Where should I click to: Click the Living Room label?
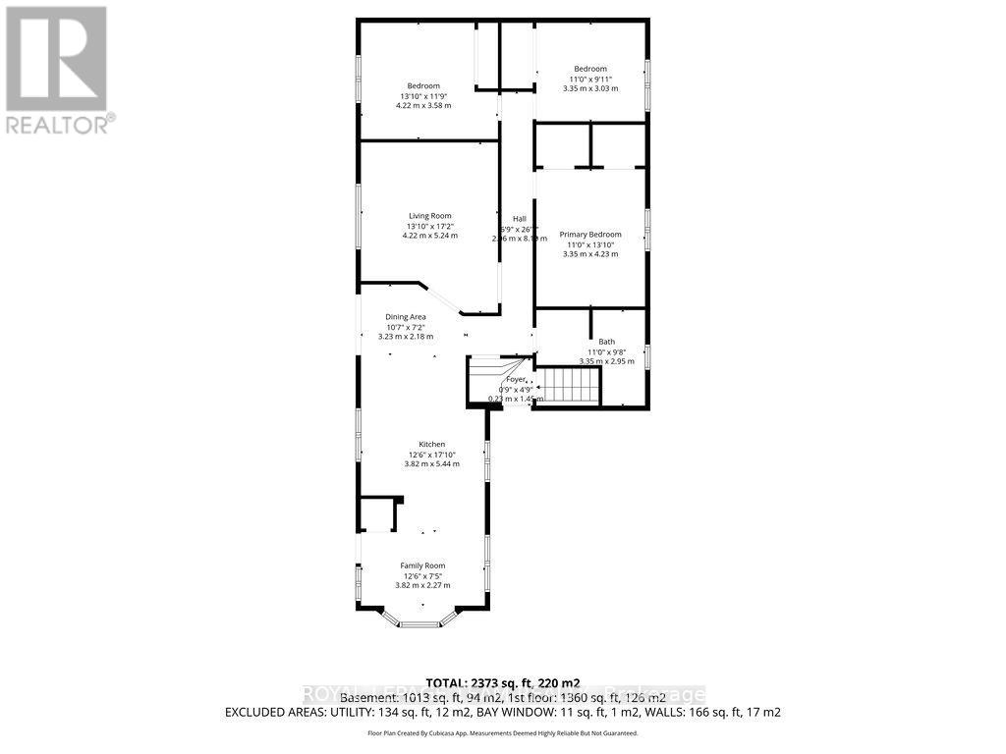(430, 216)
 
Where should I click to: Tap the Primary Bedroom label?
(590, 235)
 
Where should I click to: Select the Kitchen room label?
(430, 444)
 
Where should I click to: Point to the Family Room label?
(422, 565)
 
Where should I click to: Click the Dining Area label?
(405, 317)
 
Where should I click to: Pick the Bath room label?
(606, 342)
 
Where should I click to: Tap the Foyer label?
(516, 379)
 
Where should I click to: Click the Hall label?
(519, 219)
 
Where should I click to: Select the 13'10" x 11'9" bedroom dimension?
(423, 96)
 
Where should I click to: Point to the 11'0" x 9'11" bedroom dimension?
(590, 79)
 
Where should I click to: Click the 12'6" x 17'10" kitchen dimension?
(430, 455)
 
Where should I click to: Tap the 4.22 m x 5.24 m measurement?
(430, 236)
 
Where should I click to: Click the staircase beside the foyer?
(571, 385)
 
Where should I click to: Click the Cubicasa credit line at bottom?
(502, 733)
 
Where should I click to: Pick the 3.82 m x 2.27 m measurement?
(422, 585)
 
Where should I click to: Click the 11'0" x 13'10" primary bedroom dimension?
(590, 244)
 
